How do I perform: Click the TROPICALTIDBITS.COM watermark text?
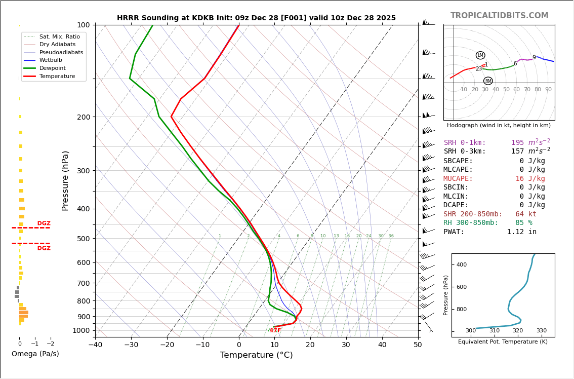(x=499, y=16)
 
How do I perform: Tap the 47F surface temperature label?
(x=275, y=330)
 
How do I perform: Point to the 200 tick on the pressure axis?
(x=84, y=117)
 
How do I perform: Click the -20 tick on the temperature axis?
(x=167, y=346)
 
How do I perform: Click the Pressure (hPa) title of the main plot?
(x=65, y=180)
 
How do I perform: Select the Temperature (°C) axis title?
(x=256, y=355)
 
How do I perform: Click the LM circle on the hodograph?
(x=480, y=55)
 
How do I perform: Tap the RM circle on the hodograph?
(x=488, y=81)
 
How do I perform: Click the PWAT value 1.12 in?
(x=521, y=232)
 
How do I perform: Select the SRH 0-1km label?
(x=465, y=143)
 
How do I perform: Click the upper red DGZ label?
(x=44, y=223)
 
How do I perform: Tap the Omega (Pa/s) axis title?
(x=35, y=354)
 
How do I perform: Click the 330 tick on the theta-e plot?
(x=541, y=331)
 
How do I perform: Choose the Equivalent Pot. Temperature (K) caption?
(x=503, y=342)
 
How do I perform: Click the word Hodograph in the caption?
(x=463, y=125)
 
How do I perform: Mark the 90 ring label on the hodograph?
(x=548, y=90)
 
